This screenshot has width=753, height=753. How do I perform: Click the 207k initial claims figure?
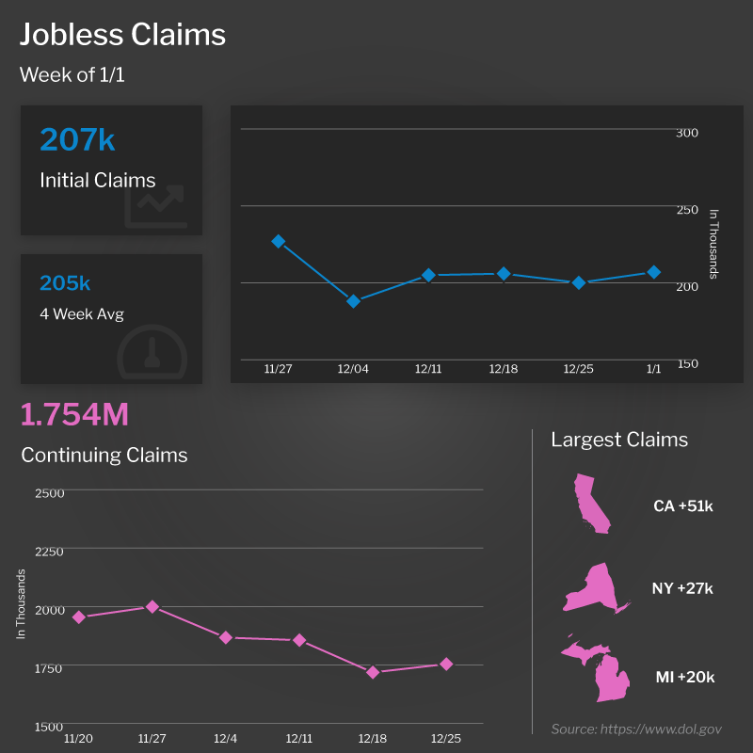[77, 140]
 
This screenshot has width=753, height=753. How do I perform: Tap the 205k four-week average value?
[65, 283]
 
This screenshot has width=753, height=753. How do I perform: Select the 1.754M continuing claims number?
[74, 414]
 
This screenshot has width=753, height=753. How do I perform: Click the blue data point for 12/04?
[353, 301]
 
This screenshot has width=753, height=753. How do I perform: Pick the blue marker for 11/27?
[278, 241]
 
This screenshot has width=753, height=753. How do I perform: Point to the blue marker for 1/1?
[653, 272]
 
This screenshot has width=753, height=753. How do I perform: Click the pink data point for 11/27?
[152, 606]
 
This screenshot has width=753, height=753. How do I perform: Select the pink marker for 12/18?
[373, 672]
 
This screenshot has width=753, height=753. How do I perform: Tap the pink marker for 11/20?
[79, 617]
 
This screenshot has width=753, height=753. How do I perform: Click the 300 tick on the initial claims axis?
[687, 133]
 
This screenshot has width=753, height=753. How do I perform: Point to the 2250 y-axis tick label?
[48, 551]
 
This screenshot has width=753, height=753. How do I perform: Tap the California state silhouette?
[592, 505]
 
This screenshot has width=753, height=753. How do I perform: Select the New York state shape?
[596, 588]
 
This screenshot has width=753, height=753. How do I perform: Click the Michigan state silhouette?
[602, 670]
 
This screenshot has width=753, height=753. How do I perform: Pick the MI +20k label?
[684, 677]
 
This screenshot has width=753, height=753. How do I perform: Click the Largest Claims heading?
[619, 440]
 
